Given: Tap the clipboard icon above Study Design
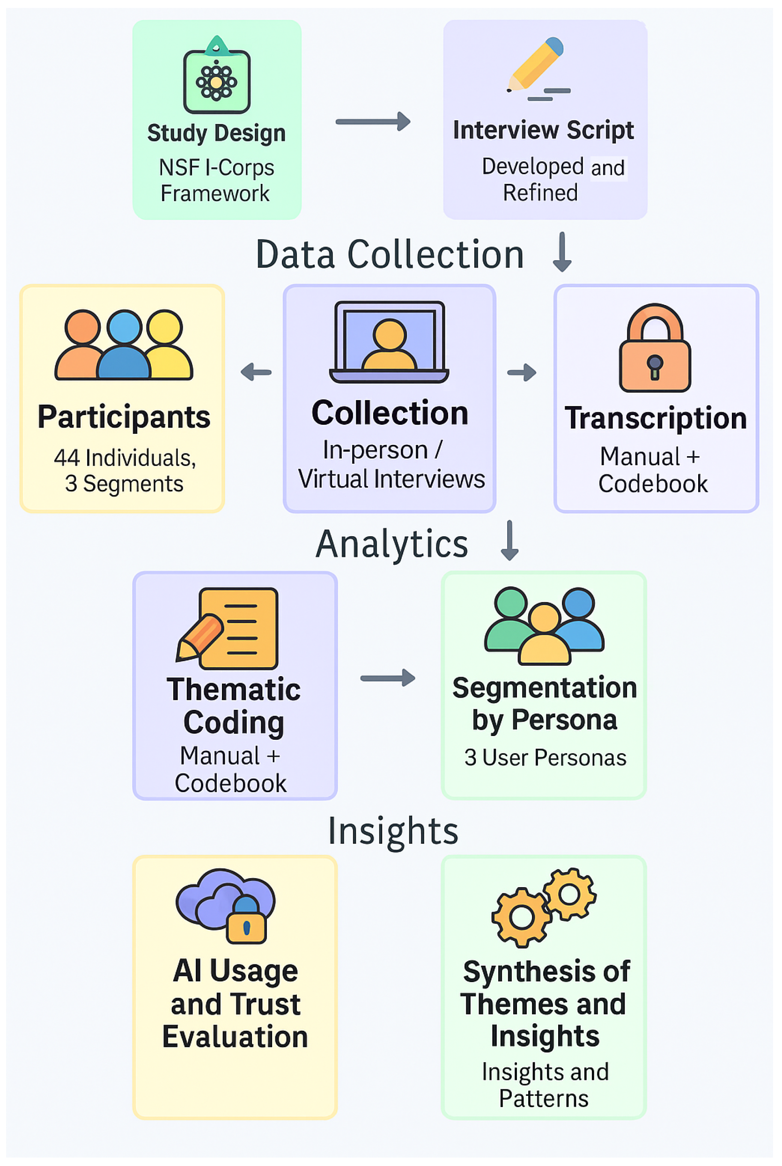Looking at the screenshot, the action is (x=216, y=75).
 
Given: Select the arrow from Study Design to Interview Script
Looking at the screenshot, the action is (x=373, y=121).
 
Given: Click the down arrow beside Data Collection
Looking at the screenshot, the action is (x=562, y=252).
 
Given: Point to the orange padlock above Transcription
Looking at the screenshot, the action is (x=655, y=347).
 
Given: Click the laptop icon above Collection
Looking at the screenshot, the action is (x=389, y=342).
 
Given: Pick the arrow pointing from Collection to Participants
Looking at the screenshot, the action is (x=256, y=372).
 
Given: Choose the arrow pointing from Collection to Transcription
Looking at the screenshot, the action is (x=522, y=372).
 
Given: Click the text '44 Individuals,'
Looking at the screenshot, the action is (x=125, y=458).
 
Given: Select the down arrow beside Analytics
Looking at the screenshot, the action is (x=509, y=540).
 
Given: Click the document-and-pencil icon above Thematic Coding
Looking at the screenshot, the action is (x=228, y=628).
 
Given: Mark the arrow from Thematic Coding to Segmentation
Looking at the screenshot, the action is (x=388, y=678).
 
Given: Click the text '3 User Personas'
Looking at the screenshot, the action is (x=545, y=758).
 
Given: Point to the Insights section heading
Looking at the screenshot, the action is (x=393, y=831).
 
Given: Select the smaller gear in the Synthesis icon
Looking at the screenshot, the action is (x=569, y=894).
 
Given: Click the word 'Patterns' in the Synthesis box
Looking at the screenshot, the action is (x=544, y=1099).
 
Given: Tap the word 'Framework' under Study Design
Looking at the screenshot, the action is (x=215, y=193).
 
